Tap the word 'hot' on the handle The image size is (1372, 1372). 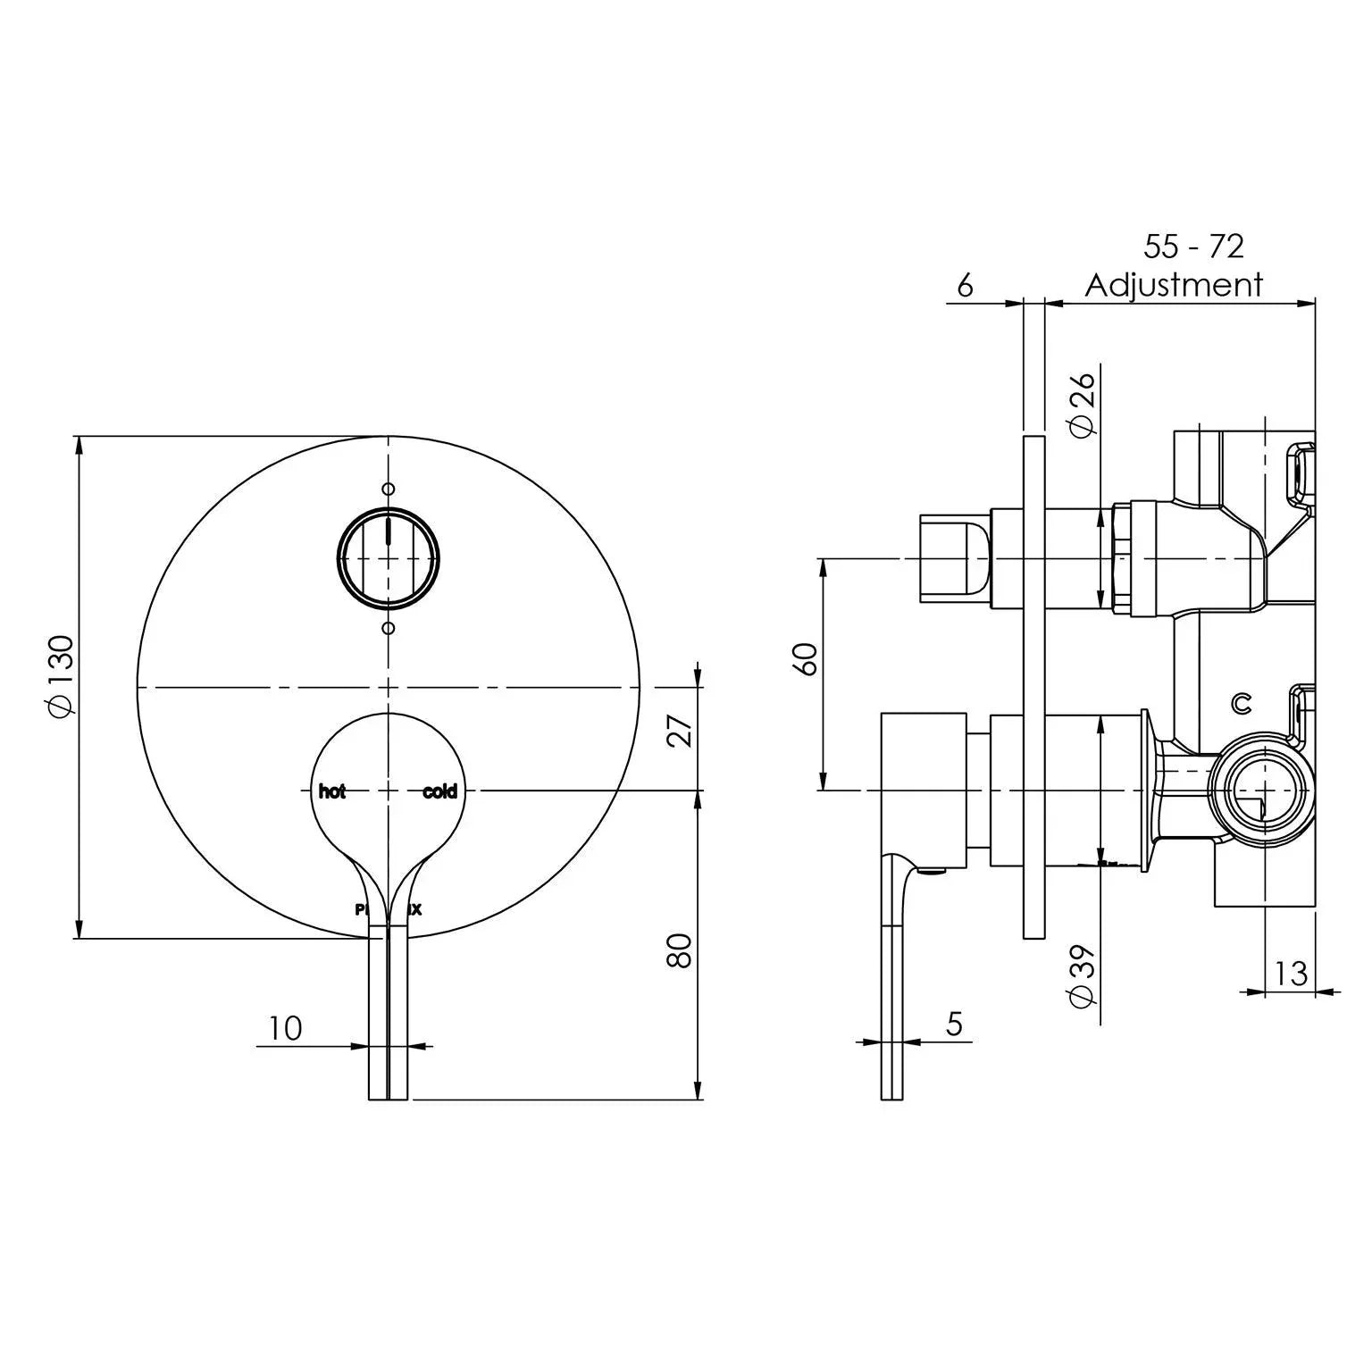332,791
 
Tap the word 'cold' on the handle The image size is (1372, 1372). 439,791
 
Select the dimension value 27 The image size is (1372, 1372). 681,732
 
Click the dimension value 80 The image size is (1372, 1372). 681,951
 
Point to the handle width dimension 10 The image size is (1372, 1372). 285,1028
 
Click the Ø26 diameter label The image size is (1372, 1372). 1082,404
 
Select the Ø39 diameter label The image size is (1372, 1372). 1082,975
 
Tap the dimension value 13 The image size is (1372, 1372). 1290,973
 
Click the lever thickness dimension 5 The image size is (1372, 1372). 954,1024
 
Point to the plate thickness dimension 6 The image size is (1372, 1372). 965,285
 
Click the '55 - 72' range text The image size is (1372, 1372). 1193,247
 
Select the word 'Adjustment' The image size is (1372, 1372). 1174,286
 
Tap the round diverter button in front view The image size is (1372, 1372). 388,557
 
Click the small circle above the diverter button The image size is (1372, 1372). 388,489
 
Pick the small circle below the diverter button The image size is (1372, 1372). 388,628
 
